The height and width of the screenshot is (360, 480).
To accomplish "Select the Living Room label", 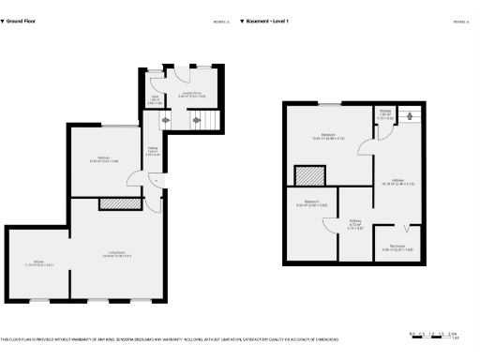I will [x=115, y=254].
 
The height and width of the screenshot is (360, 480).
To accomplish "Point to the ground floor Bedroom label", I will [x=103, y=159].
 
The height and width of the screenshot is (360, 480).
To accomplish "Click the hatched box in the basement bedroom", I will [x=308, y=176].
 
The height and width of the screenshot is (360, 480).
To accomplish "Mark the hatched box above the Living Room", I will [x=116, y=203].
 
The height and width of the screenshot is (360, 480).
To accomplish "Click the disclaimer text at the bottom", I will [x=169, y=338].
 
